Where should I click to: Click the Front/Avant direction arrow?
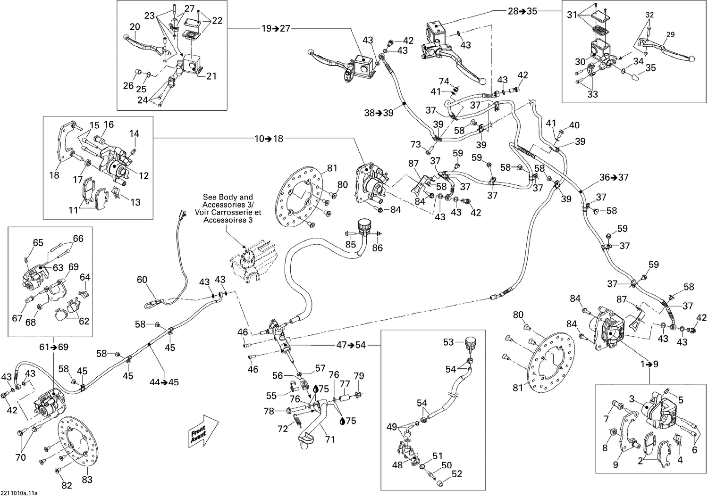(203, 431)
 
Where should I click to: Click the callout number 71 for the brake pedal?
(330, 439)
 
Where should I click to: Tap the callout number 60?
(142, 280)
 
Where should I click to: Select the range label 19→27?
(276, 28)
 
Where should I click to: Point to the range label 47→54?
(351, 345)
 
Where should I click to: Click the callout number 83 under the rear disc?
(87, 480)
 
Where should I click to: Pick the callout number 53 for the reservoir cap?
(448, 342)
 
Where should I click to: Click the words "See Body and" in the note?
(228, 197)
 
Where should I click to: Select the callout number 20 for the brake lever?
(135, 27)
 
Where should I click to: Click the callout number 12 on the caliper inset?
(144, 175)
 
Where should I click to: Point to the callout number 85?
(351, 244)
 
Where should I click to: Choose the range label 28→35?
(523, 11)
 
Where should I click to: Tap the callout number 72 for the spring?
(283, 429)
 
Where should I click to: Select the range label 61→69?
(54, 348)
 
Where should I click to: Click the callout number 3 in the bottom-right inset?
(632, 398)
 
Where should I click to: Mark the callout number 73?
(416, 144)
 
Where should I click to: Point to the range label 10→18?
(269, 139)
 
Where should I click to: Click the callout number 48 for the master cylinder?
(397, 464)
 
